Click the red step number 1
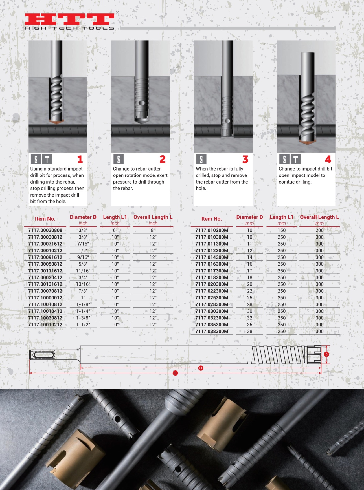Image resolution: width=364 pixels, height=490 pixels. pos(80,159)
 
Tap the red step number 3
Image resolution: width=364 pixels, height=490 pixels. pos(245,159)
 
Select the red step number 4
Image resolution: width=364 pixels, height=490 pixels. pos(328,159)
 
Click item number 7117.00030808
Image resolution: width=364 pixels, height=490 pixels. pos(45,230)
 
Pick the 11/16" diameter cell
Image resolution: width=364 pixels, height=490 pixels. pos(83,271)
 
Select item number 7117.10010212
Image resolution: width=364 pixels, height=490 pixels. pos(45,325)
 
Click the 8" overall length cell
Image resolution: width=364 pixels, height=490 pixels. pos(153,230)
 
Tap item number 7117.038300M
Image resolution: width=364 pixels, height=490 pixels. pos(212,331)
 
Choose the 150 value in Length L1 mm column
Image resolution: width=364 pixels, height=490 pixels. pos(282,230)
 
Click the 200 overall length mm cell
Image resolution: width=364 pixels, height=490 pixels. pos(319,230)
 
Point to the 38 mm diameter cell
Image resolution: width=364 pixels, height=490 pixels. pos(250,331)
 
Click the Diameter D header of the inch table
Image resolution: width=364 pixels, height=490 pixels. pos(83,217)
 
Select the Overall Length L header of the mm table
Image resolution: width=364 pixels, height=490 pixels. pos(319,217)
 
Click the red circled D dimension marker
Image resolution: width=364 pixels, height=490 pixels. pos(326,354)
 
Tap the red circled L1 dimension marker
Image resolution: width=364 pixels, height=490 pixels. pos(201,368)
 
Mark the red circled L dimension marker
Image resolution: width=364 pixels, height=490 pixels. pos(175,373)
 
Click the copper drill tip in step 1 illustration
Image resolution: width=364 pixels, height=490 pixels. pos(56,122)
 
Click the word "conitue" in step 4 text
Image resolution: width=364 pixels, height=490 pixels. pos(286,182)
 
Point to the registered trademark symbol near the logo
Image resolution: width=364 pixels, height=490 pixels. pos(117,13)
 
